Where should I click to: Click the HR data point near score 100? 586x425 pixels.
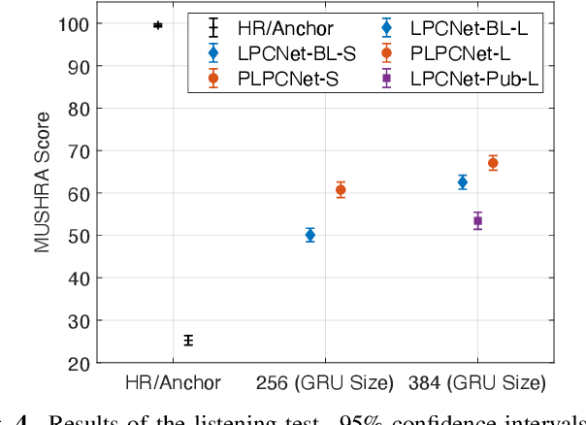(x=157, y=25)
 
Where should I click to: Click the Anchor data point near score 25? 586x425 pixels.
(x=188, y=340)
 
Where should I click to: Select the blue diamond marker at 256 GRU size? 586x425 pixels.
(x=310, y=234)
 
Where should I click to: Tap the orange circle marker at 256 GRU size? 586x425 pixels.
(x=341, y=190)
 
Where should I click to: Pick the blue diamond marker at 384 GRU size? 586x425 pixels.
(x=463, y=181)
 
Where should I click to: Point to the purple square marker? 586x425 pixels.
(x=477, y=221)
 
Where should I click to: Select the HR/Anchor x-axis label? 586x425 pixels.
(x=173, y=382)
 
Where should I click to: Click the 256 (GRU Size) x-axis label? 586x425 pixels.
(x=325, y=382)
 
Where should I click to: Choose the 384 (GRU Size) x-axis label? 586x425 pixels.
(x=477, y=382)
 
